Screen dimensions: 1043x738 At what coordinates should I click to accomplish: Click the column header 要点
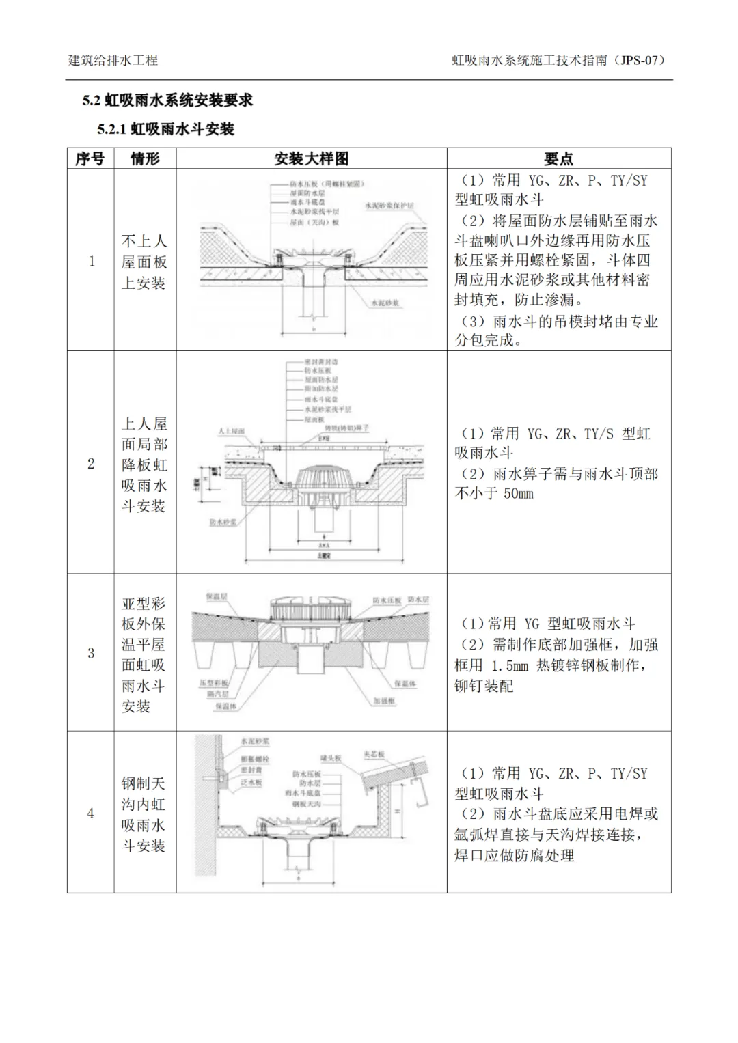(x=558, y=158)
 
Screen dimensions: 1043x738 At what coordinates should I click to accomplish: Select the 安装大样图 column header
(x=311, y=158)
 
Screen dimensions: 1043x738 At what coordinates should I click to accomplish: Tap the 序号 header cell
(x=90, y=158)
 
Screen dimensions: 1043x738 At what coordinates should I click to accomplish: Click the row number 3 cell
(x=91, y=653)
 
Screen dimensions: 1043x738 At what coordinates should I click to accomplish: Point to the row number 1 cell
(x=91, y=261)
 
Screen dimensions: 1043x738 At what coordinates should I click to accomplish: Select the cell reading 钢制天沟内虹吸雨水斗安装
(x=143, y=814)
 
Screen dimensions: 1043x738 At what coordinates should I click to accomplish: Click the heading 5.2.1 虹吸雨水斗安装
(x=165, y=129)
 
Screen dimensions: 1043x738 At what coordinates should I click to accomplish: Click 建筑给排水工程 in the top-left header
(x=113, y=60)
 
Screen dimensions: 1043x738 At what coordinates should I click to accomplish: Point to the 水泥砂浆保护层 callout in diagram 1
(x=389, y=205)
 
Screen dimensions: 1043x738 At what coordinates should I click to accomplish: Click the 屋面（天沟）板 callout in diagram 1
(x=314, y=222)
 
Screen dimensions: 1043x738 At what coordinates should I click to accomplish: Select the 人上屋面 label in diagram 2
(x=231, y=432)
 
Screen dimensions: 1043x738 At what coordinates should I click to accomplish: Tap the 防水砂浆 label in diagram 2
(x=223, y=521)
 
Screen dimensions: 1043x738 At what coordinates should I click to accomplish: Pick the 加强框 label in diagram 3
(x=385, y=701)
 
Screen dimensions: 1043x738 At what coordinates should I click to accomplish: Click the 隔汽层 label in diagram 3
(x=217, y=694)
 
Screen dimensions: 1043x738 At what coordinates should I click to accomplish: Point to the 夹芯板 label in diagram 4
(x=374, y=755)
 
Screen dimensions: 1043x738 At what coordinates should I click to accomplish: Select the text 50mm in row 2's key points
(x=519, y=493)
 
